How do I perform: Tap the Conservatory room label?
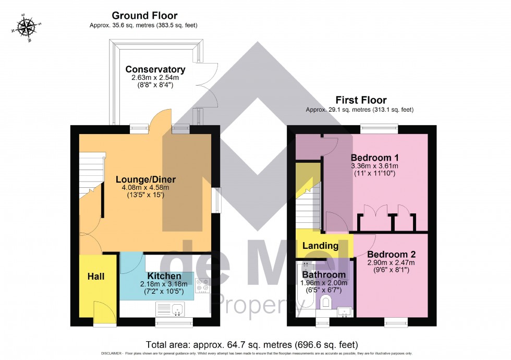tap(155, 69)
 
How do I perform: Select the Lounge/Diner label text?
tap(142, 179)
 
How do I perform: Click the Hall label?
tap(95, 276)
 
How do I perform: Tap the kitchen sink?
tap(178, 309)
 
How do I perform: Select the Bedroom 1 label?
tap(374, 158)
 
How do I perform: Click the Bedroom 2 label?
tap(391, 255)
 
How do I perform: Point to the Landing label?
tap(320, 246)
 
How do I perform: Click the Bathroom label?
tap(324, 274)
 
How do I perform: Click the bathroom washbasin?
tap(344, 312)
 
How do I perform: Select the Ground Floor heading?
tap(144, 16)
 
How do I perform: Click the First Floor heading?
tap(360, 100)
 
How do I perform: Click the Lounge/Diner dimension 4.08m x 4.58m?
tap(142, 187)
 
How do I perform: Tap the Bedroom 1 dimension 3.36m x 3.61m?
tap(374, 166)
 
